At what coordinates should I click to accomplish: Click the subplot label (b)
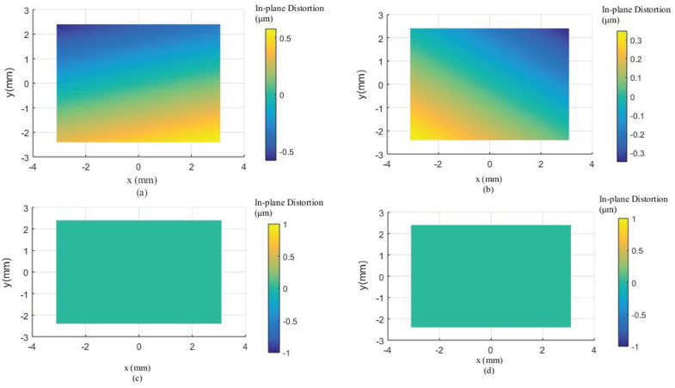(x=489, y=188)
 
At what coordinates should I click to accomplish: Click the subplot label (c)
(x=138, y=379)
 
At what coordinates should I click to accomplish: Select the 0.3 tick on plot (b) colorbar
(x=635, y=40)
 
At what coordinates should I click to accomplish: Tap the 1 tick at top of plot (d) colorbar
(x=632, y=219)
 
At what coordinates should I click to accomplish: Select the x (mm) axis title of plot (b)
(x=489, y=177)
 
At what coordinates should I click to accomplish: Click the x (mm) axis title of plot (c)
(x=138, y=368)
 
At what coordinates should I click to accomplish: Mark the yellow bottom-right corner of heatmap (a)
(x=218, y=139)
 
